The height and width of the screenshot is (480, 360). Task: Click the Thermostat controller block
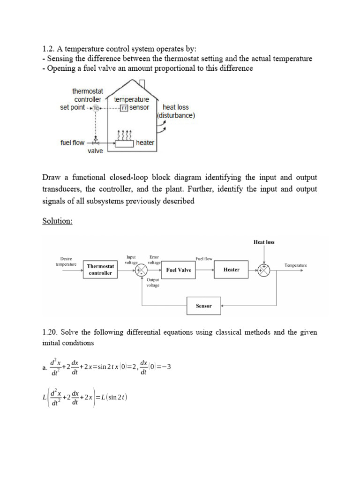tap(100, 270)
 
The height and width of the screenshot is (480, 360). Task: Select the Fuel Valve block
tap(179, 270)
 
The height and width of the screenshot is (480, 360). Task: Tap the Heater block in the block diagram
tap(231, 270)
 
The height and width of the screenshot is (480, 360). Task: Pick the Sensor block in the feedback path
tap(203, 306)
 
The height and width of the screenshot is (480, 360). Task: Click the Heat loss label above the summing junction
tap(264, 242)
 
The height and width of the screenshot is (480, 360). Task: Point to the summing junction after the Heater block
tap(264, 270)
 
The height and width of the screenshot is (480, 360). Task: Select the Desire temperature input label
tap(66, 261)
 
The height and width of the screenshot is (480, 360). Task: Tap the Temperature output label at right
tap(296, 265)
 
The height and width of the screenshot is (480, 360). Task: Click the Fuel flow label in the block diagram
tap(204, 258)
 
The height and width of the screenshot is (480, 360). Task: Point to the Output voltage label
tap(153, 283)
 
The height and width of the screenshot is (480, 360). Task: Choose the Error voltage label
tap(154, 260)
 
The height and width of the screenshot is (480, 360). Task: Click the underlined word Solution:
tap(57, 221)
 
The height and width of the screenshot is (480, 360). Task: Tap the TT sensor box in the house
tap(124, 107)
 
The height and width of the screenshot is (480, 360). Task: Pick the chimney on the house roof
tap(142, 83)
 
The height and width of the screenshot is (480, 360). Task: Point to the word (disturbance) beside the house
tap(176, 115)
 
